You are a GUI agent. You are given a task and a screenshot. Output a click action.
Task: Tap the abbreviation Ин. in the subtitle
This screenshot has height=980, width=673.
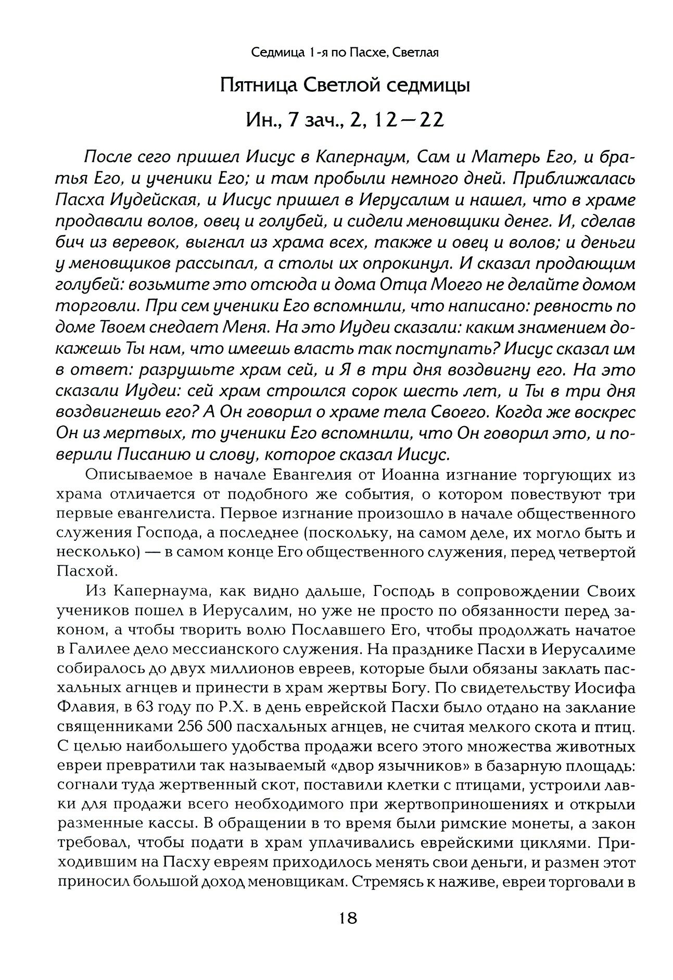259,121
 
